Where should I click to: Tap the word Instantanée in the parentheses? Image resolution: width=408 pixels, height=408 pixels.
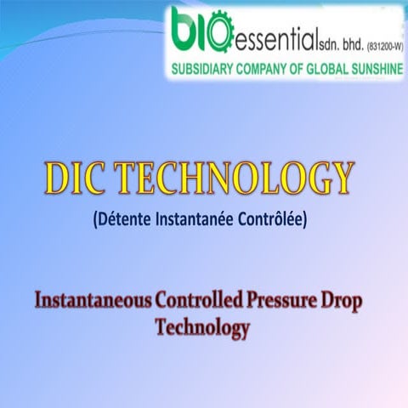pyautogui.click(x=197, y=220)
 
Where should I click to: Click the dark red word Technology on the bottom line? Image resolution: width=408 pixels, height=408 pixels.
pyautogui.click(x=202, y=327)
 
